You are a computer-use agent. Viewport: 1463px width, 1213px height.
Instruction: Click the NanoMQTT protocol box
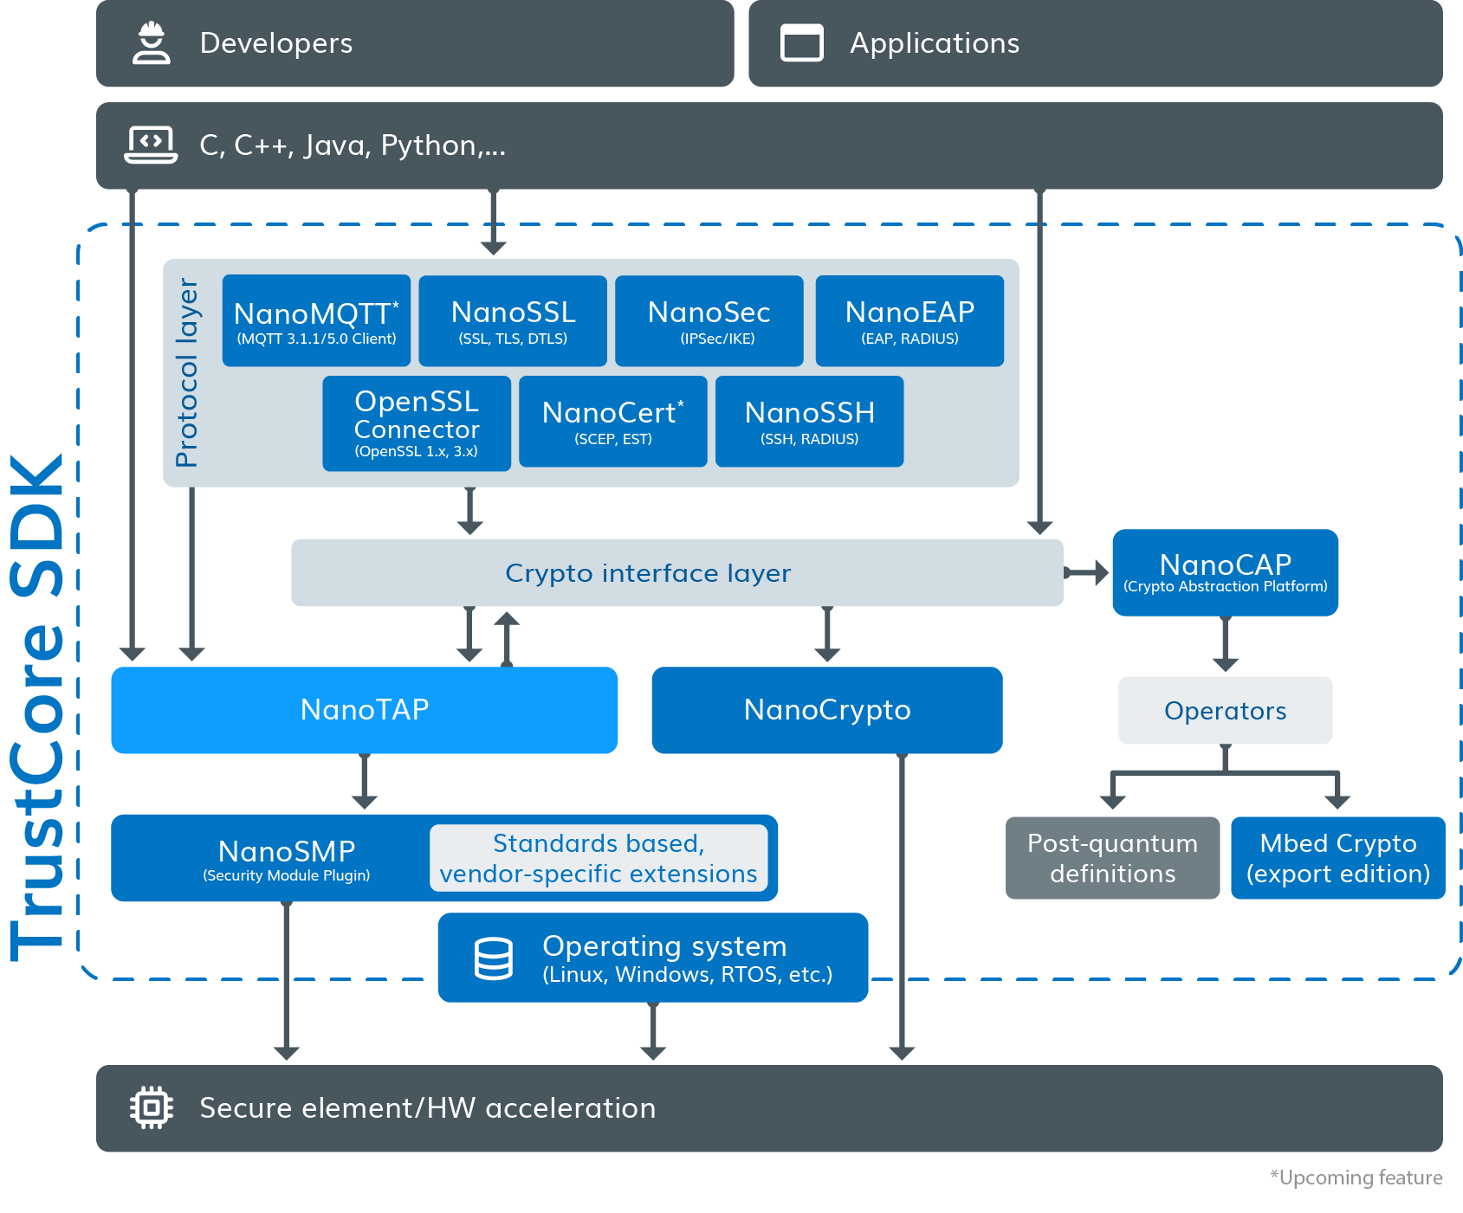316,320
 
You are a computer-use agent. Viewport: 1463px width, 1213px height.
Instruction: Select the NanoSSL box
513,320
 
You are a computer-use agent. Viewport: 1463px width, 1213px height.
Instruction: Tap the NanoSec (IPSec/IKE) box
709,320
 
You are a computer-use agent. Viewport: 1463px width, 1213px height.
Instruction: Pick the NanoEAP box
910,320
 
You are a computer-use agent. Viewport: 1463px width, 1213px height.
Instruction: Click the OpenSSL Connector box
417,423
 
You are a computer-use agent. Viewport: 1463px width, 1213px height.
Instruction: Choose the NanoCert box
612,422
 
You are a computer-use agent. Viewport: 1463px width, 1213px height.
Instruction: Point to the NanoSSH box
809,422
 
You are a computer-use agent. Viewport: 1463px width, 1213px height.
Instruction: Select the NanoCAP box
1225,572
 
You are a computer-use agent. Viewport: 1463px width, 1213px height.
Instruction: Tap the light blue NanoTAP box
364,710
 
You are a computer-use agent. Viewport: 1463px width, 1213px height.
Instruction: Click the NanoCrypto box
826,710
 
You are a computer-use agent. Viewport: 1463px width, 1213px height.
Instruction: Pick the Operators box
1225,710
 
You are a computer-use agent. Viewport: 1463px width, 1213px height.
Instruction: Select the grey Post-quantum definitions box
1112,858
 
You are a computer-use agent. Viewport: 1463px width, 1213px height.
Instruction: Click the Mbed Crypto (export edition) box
1337,858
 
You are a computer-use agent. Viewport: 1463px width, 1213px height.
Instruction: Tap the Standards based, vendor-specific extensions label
599,858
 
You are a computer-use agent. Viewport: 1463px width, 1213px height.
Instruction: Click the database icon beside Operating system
494,958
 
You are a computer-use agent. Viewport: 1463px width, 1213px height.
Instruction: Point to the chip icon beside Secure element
152,1107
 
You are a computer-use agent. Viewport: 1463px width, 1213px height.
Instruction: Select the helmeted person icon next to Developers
152,43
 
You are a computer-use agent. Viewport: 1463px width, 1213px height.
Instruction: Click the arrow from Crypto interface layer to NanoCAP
1087,572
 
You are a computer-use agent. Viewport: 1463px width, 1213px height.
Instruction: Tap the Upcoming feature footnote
1356,1178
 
